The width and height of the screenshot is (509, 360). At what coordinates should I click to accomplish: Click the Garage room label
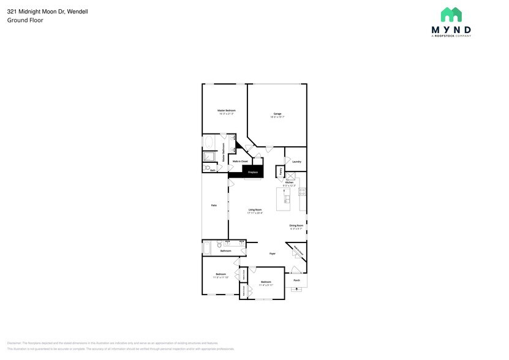pyautogui.click(x=277, y=114)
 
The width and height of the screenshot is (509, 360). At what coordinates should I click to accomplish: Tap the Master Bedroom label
pyautogui.click(x=226, y=111)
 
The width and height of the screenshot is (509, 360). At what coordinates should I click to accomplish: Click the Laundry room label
pyautogui.click(x=296, y=162)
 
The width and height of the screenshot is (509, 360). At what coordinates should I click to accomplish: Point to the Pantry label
pyautogui.click(x=281, y=172)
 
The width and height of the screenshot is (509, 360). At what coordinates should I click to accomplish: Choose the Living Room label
pyautogui.click(x=255, y=211)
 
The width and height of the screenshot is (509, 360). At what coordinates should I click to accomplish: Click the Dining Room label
pyautogui.click(x=296, y=226)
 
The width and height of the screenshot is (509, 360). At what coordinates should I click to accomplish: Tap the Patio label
pyautogui.click(x=214, y=205)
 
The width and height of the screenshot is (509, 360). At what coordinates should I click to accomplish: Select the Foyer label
pyautogui.click(x=272, y=253)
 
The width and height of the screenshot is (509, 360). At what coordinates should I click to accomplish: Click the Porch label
pyautogui.click(x=296, y=280)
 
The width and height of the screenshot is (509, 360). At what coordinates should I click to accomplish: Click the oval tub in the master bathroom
pyautogui.click(x=209, y=143)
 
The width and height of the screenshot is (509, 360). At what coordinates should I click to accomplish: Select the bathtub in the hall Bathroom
pyautogui.click(x=206, y=247)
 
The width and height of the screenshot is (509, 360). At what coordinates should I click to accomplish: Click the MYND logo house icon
pyautogui.click(x=451, y=15)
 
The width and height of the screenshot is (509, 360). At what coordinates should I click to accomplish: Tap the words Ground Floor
pyautogui.click(x=25, y=20)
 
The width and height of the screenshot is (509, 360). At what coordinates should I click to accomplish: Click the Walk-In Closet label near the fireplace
pyautogui.click(x=239, y=161)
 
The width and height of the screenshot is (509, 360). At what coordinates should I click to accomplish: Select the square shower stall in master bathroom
pyautogui.click(x=209, y=157)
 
